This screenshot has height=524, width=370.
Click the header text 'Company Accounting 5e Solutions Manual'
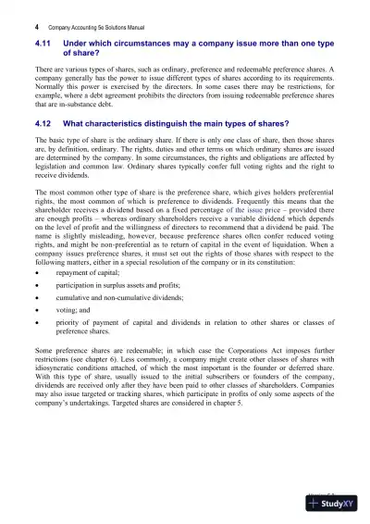click(93, 16)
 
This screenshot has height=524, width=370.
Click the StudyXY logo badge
click(334, 505)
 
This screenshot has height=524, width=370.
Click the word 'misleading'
click(106, 268)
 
